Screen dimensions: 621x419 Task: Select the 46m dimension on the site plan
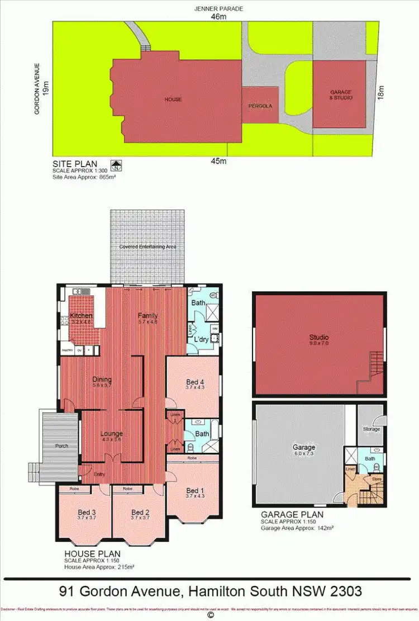tap(219, 17)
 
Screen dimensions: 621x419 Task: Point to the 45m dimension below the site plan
tap(218, 162)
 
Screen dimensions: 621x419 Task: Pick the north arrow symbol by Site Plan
tap(117, 165)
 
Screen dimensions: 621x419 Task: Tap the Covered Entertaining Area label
tap(148, 246)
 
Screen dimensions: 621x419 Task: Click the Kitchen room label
tap(81, 316)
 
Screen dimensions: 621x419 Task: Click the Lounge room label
tap(111, 433)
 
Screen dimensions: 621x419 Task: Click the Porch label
tap(61, 446)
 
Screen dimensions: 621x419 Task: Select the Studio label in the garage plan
tap(319, 338)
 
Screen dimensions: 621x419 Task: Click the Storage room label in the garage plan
tap(372, 429)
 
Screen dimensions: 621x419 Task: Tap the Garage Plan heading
tap(292, 515)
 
